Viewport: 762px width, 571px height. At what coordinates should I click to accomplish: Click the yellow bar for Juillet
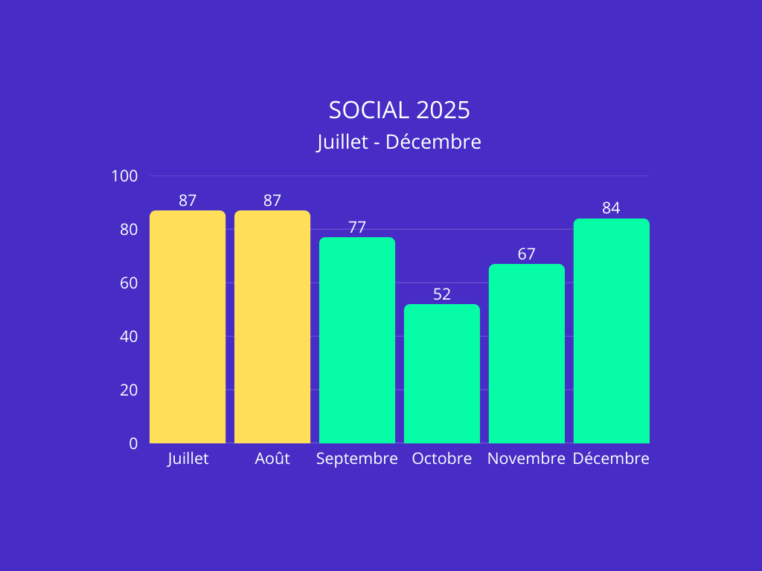coord(188,327)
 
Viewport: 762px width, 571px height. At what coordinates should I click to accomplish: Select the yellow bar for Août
coord(272,327)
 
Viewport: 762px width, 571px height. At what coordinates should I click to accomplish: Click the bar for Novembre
coord(527,354)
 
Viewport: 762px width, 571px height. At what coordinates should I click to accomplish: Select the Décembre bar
coord(612,331)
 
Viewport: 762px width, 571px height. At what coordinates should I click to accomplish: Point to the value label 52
coord(442,294)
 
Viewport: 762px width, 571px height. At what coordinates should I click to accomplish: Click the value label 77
coord(357,228)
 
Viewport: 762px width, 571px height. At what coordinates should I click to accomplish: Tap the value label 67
coord(527,254)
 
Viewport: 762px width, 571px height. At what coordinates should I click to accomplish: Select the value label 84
coord(612,208)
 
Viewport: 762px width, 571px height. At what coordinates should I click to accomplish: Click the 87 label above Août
coord(272,201)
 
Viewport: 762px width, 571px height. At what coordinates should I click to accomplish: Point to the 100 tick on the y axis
coord(125,176)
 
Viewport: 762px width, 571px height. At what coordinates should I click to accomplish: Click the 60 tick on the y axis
coord(129,283)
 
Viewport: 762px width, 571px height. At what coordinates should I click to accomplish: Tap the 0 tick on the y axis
coord(134,444)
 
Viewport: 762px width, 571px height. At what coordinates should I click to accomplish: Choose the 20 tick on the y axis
coord(129,390)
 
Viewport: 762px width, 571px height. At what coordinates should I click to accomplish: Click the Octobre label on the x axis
coord(442,459)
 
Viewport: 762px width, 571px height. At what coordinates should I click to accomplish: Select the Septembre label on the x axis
coord(357,459)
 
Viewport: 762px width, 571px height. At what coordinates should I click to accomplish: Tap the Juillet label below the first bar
coord(188,459)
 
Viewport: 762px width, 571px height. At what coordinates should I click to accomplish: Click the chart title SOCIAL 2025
coord(400,110)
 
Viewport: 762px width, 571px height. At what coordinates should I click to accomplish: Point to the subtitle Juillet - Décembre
coord(400,141)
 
